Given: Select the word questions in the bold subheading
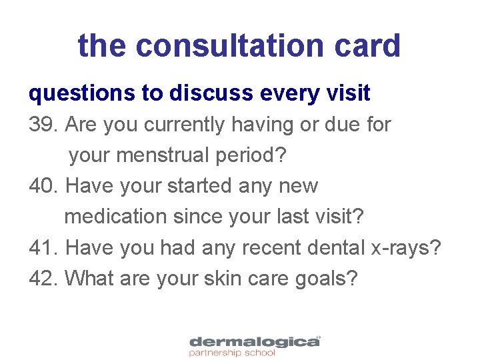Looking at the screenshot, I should point(82,94).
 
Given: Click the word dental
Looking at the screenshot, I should point(334,247).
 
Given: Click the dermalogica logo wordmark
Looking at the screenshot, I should point(254,342).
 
